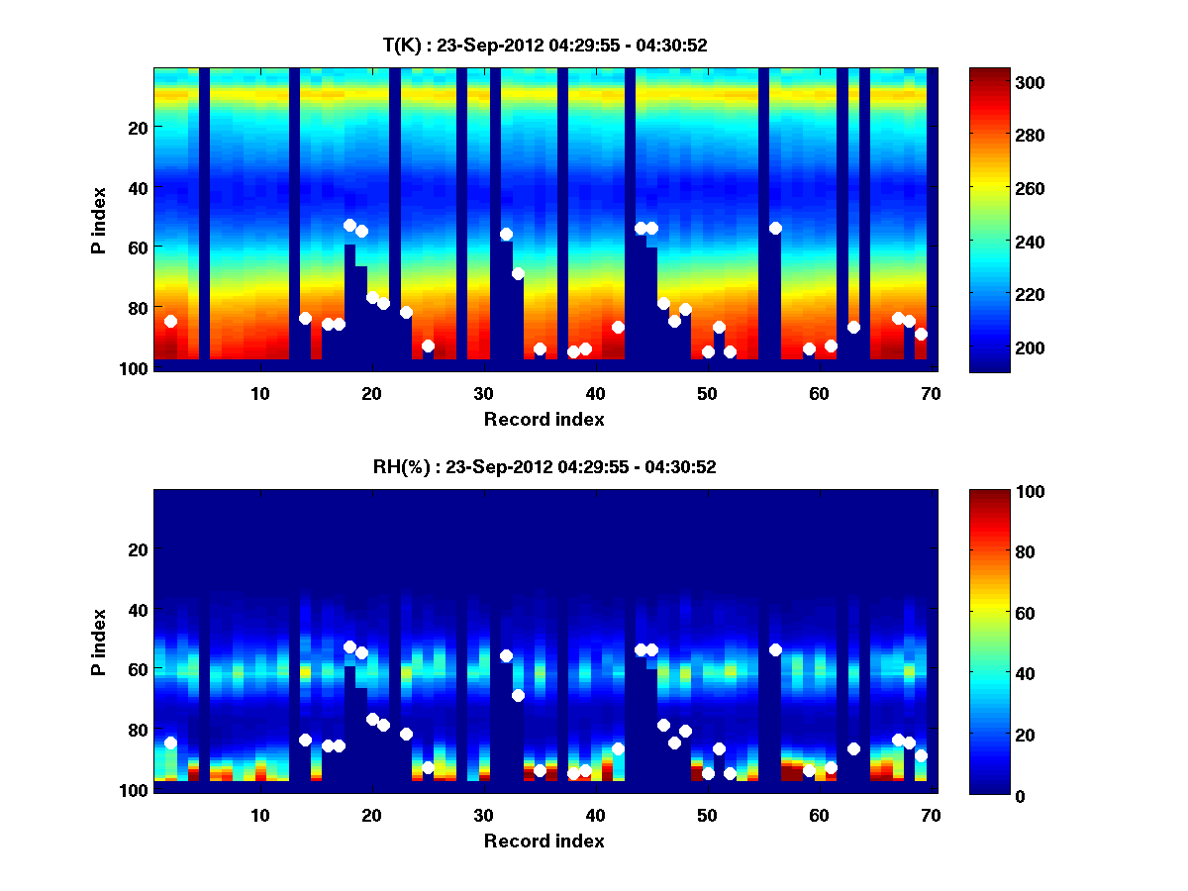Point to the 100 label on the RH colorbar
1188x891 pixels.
(993, 492)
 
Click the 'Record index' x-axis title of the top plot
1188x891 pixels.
(544, 419)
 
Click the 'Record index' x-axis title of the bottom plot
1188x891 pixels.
(544, 841)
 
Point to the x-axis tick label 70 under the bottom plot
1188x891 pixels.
(931, 815)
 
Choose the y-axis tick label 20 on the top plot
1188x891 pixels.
(137, 127)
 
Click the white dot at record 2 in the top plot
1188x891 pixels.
(170, 321)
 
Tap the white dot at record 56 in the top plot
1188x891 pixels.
(775, 228)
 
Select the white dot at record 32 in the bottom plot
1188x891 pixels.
(506, 655)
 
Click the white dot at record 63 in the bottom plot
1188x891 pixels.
(853, 748)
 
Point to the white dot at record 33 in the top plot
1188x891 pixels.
(518, 273)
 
